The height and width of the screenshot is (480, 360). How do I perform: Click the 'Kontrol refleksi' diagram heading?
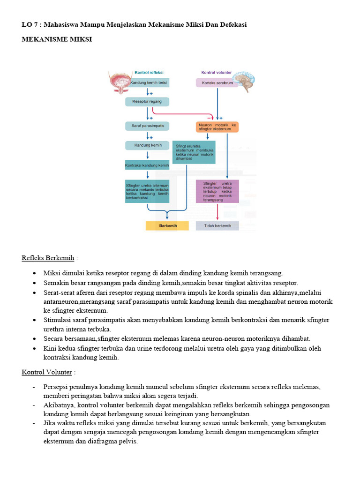149,73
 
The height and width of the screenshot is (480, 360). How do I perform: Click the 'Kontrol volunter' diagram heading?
216,73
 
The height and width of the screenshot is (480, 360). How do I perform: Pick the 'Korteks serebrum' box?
217,83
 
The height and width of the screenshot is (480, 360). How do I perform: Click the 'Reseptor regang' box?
147,101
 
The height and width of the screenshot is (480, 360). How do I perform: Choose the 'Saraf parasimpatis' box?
147,126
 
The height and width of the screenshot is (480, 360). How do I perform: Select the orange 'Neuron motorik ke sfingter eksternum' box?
217,127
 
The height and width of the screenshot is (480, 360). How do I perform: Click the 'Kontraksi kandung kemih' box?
147,165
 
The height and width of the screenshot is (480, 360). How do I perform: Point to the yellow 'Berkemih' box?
167,226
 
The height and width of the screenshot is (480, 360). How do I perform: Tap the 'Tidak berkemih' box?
217,226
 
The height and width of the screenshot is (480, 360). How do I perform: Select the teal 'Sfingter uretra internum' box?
147,191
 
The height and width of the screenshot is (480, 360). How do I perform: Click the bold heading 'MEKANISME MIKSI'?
57,39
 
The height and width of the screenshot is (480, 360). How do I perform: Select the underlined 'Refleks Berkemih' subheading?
48,258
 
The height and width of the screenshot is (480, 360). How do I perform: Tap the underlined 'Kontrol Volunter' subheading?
47,372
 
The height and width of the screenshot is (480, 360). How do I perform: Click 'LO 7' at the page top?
30,24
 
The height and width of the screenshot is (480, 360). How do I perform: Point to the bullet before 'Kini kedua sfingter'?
35,349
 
